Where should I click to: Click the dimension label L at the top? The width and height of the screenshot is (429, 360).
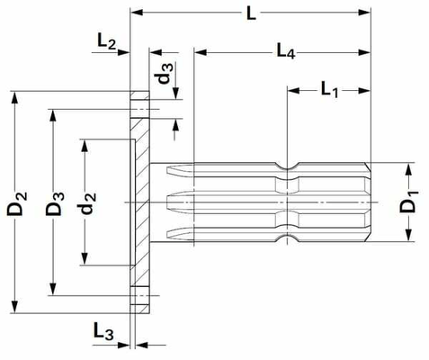pyautogui.click(x=251, y=13)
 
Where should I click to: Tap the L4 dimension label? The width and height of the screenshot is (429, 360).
pyautogui.click(x=286, y=50)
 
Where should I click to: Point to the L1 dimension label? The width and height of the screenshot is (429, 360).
pyautogui.click(x=329, y=90)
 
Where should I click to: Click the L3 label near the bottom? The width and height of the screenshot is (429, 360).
pyautogui.click(x=103, y=331)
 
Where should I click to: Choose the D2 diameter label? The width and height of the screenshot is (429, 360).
pyautogui.click(x=17, y=203)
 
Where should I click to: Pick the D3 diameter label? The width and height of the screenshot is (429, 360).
pyautogui.click(x=55, y=203)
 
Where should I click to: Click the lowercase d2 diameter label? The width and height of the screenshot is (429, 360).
pyautogui.click(x=88, y=203)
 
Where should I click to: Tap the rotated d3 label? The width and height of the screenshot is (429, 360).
pyautogui.click(x=165, y=74)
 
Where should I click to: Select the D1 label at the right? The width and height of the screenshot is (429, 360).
pyautogui.click(x=408, y=202)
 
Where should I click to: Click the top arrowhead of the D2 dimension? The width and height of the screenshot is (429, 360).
pyautogui.click(x=14, y=98)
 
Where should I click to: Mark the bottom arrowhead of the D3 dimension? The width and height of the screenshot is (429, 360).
pyautogui.click(x=53, y=289)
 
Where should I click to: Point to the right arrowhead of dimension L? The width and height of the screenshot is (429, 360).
pyautogui.click(x=364, y=13)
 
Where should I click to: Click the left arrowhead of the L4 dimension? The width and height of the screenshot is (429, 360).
pyautogui.click(x=201, y=52)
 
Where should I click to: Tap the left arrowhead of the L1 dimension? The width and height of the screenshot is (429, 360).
pyautogui.click(x=294, y=90)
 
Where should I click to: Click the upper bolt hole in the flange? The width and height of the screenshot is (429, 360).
pyautogui.click(x=139, y=109)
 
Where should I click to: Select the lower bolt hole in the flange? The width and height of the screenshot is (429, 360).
pyautogui.click(x=139, y=296)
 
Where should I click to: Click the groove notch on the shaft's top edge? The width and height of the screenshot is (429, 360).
pyautogui.click(x=287, y=166)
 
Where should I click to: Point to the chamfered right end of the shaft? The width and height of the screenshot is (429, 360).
pyautogui.click(x=368, y=202)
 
